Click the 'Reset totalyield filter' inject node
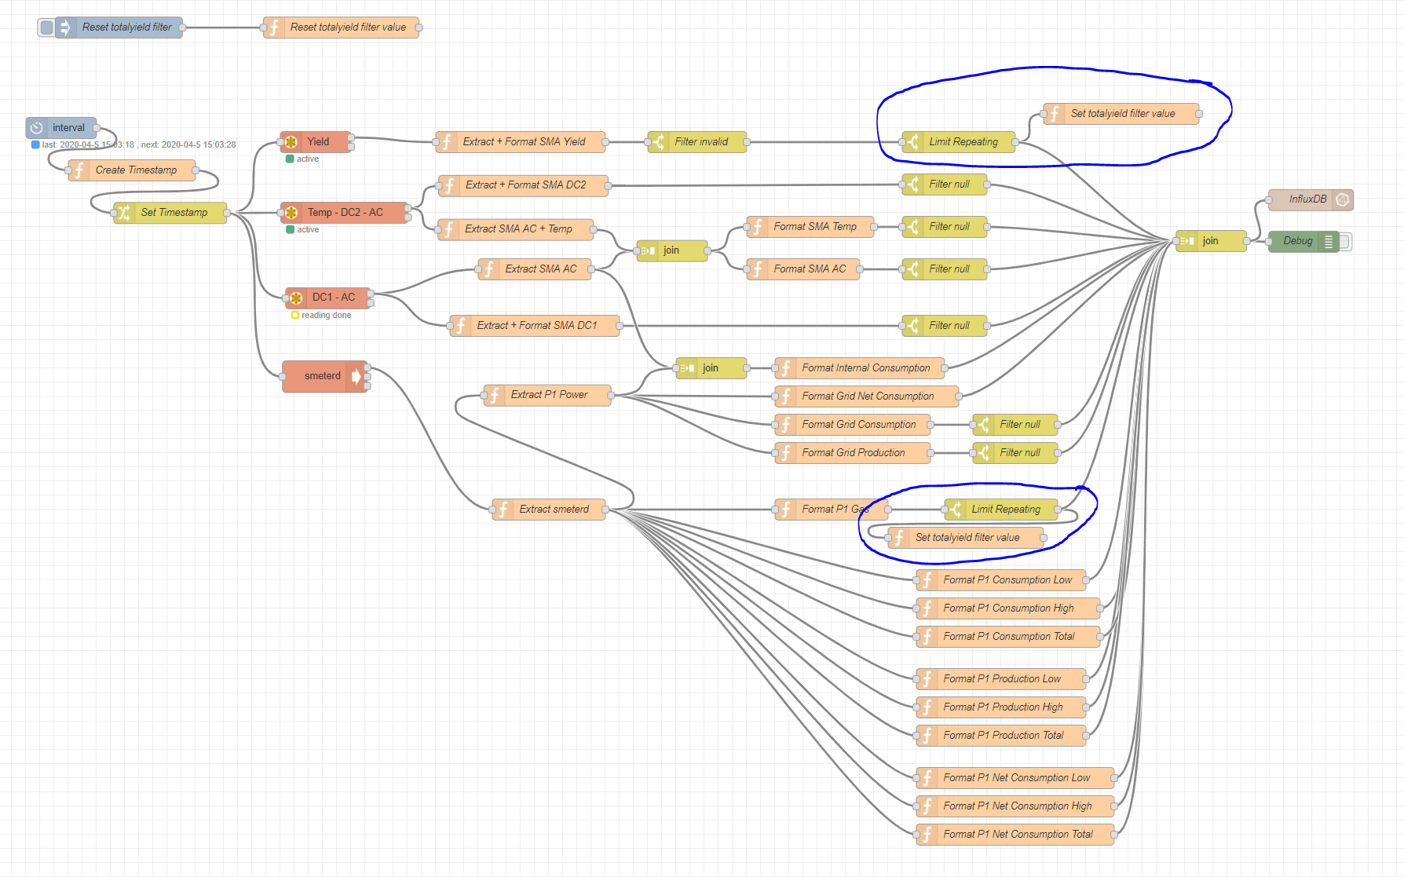[x=119, y=27]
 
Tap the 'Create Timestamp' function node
[x=132, y=170]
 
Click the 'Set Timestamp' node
[x=170, y=213]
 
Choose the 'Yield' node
[x=316, y=142]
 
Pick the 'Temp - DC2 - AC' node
[x=345, y=213]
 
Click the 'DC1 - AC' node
[x=328, y=298]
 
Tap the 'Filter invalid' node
[x=697, y=142]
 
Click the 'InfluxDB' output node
[x=1311, y=199]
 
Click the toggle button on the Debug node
[x=1346, y=242]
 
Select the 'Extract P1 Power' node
[x=548, y=395]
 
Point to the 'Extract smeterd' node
[x=549, y=510]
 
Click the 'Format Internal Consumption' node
[x=861, y=368]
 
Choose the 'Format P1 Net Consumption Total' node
[x=1015, y=835]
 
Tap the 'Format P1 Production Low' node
[x=1001, y=679]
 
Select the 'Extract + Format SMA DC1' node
[x=535, y=326]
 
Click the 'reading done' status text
[x=327, y=316]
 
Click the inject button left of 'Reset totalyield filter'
[x=46, y=27]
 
